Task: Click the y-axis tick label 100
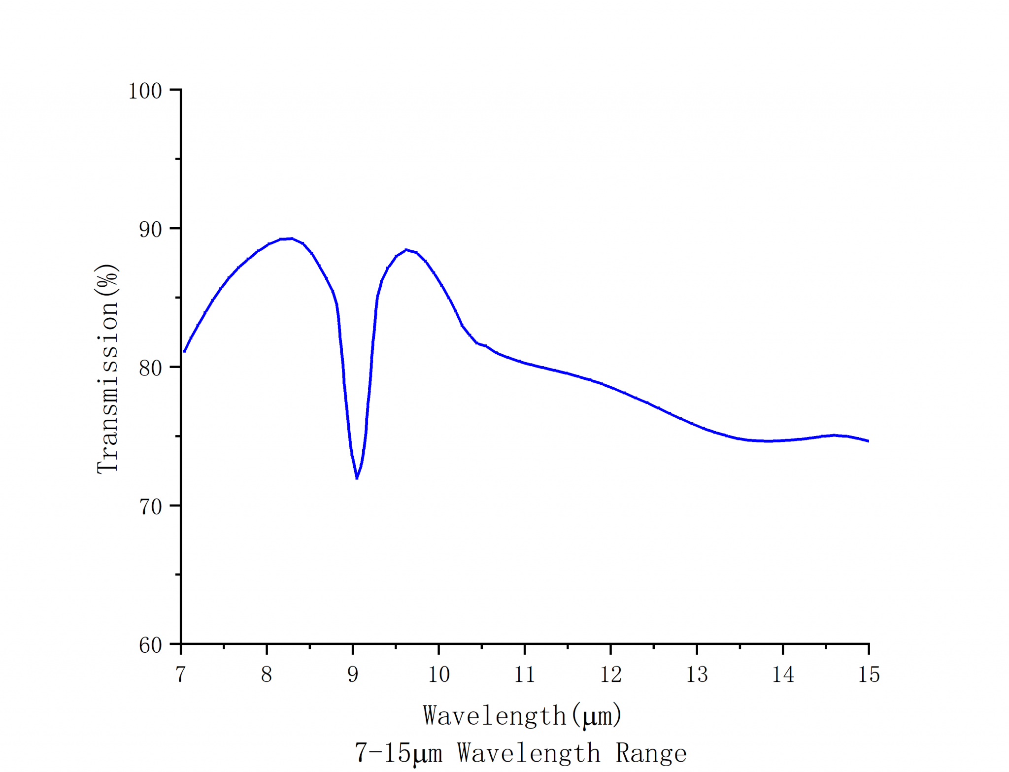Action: tap(145, 91)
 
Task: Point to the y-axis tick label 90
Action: tap(150, 230)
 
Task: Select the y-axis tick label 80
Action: tap(150, 368)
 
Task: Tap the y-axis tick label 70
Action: tap(150, 506)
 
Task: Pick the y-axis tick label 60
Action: tap(150, 645)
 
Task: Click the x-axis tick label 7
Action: tap(180, 674)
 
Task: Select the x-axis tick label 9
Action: tap(353, 674)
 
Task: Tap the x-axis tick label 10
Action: tap(438, 674)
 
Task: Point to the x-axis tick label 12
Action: tap(611, 674)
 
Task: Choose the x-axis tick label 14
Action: tap(783, 674)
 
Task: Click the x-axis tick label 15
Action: tap(869, 674)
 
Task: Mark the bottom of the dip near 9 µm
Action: tap(357, 477)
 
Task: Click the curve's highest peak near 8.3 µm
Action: tap(292, 238)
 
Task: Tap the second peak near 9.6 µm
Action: tap(406, 250)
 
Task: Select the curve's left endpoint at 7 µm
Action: tap(184, 351)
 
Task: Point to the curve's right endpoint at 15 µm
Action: tap(868, 441)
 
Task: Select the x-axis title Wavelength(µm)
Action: tap(522, 716)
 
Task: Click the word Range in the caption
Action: tap(651, 753)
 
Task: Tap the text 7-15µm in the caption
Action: tap(398, 753)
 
